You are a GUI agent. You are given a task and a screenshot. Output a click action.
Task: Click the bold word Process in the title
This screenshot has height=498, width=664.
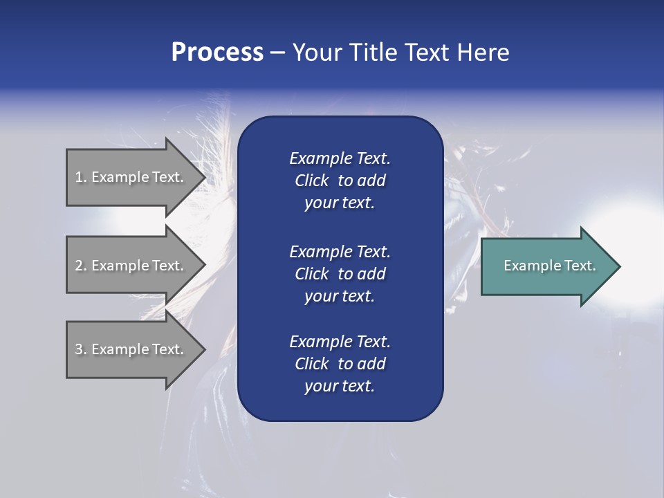point(217,53)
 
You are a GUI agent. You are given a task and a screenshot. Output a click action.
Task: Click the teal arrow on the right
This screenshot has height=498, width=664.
point(546,266)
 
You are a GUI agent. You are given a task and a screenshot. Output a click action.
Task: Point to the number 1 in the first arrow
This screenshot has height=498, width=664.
point(79,177)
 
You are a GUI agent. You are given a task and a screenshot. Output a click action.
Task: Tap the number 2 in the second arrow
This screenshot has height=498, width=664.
point(79,266)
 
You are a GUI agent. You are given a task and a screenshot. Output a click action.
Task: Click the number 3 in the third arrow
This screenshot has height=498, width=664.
point(79,349)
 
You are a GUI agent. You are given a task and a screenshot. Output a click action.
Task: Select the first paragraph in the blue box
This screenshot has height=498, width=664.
point(340,181)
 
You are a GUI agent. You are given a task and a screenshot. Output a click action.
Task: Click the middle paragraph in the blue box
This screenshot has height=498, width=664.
point(340,274)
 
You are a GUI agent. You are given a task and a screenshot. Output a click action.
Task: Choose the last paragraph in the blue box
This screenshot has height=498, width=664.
point(340,364)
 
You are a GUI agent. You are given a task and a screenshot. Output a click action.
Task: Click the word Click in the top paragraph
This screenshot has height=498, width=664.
point(311,181)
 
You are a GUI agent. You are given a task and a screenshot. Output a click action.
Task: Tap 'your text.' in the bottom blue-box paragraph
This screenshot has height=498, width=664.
point(340,387)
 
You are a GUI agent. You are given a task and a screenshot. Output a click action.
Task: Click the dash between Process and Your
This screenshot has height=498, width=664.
point(278,53)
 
